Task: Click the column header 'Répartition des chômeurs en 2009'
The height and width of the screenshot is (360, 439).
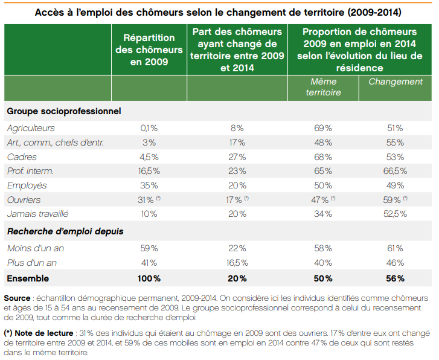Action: click(149, 50)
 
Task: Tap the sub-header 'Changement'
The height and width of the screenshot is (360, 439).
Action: click(396, 82)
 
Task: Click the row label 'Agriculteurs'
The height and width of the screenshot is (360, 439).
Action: click(31, 128)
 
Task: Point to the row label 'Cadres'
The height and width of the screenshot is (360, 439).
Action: click(21, 157)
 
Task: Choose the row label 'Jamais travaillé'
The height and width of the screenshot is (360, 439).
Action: click(37, 214)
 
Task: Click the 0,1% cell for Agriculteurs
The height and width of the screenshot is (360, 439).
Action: click(149, 128)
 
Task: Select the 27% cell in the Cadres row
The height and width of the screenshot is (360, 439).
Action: click(237, 157)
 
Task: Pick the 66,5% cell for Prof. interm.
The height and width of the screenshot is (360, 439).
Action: click(396, 171)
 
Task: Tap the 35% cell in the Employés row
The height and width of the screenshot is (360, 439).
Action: click(149, 185)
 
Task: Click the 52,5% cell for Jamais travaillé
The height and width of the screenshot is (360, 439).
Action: click(396, 214)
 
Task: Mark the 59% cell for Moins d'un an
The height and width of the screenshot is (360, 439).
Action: click(149, 248)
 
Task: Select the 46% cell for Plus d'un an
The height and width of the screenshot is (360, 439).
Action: click(396, 263)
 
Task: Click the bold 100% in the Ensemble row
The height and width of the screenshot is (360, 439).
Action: click(149, 278)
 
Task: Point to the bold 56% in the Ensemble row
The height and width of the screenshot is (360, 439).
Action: click(396, 278)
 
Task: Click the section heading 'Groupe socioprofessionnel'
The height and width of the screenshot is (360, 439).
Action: click(64, 111)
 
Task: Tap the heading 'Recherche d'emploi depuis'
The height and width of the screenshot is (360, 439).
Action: click(65, 231)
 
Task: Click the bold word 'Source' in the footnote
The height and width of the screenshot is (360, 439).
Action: click(18, 298)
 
